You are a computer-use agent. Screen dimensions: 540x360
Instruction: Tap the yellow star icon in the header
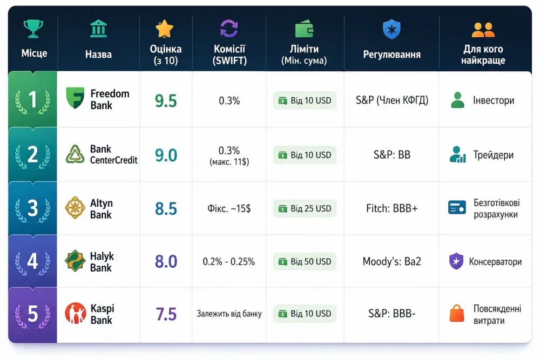[165, 29]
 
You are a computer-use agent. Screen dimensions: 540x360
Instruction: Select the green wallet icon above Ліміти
[305, 29]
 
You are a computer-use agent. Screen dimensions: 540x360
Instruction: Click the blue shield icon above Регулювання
[391, 29]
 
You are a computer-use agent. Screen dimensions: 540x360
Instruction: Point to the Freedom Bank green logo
[75, 98]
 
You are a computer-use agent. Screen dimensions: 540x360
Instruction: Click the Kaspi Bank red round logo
[76, 313]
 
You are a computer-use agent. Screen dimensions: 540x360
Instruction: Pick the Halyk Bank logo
[75, 261]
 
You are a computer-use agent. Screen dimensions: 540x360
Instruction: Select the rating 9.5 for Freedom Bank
[166, 101]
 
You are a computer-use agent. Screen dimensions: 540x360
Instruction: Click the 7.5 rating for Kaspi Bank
[166, 314]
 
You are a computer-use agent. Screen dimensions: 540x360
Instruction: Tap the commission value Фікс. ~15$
[229, 208]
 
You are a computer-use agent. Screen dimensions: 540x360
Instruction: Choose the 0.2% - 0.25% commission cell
[228, 262]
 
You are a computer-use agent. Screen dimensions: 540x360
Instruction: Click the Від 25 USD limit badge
[305, 208]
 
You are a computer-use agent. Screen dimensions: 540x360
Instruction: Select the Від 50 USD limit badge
[305, 262]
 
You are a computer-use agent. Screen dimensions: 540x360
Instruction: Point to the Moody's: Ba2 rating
[391, 262]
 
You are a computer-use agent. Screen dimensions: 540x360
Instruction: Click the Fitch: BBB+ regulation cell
[392, 208]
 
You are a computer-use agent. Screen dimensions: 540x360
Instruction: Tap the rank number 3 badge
[33, 208]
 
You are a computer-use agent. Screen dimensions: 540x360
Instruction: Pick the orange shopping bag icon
[457, 313]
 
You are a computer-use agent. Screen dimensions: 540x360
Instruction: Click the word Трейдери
[493, 155]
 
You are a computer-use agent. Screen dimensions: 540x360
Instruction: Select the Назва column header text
[98, 54]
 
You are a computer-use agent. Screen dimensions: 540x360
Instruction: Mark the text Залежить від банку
[229, 314]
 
